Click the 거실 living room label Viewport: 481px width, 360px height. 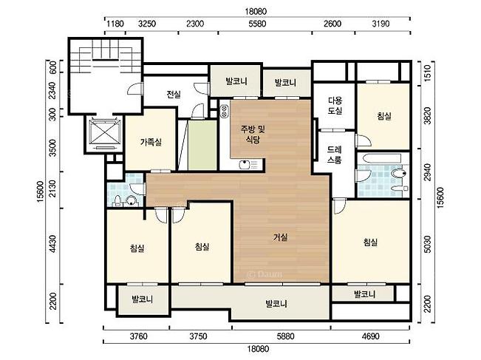click(x=280, y=237)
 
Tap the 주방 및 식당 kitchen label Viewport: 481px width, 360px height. click(x=253, y=134)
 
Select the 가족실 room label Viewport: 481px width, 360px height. click(x=151, y=142)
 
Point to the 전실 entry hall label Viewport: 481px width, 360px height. click(x=174, y=94)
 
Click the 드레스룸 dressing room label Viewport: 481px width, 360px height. click(x=335, y=154)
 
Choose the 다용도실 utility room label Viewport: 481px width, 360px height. click(x=335, y=106)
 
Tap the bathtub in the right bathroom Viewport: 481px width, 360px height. click(x=382, y=159)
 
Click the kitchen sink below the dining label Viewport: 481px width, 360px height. click(x=248, y=164)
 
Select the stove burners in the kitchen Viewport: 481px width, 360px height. click(x=224, y=111)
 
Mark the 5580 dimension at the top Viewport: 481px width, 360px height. click(x=257, y=24)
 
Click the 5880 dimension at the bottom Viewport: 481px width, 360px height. click(x=285, y=336)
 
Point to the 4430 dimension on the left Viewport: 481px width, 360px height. click(x=53, y=244)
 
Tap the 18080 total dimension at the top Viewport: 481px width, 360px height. click(x=256, y=11)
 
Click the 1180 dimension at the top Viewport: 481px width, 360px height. click(x=115, y=24)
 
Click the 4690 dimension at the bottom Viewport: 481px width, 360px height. click(x=371, y=336)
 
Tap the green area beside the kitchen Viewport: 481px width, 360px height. click(x=202, y=145)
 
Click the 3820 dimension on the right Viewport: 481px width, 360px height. click(x=427, y=116)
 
